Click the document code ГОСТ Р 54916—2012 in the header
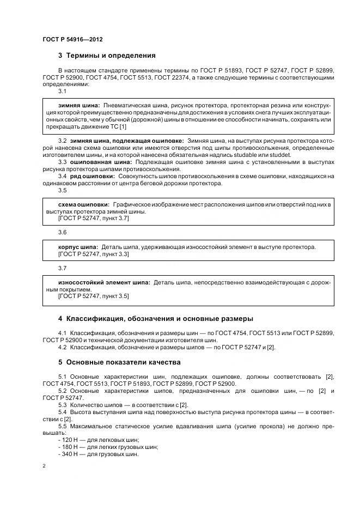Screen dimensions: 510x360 [72, 40]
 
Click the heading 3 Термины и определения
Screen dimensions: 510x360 [107, 56]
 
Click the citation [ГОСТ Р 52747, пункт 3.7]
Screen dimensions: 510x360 [93, 218]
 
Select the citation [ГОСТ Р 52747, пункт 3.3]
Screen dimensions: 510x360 [93, 254]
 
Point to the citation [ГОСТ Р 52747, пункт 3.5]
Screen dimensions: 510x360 [93, 296]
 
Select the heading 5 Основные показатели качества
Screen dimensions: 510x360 [119, 362]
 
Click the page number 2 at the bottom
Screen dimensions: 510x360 [44, 466]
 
